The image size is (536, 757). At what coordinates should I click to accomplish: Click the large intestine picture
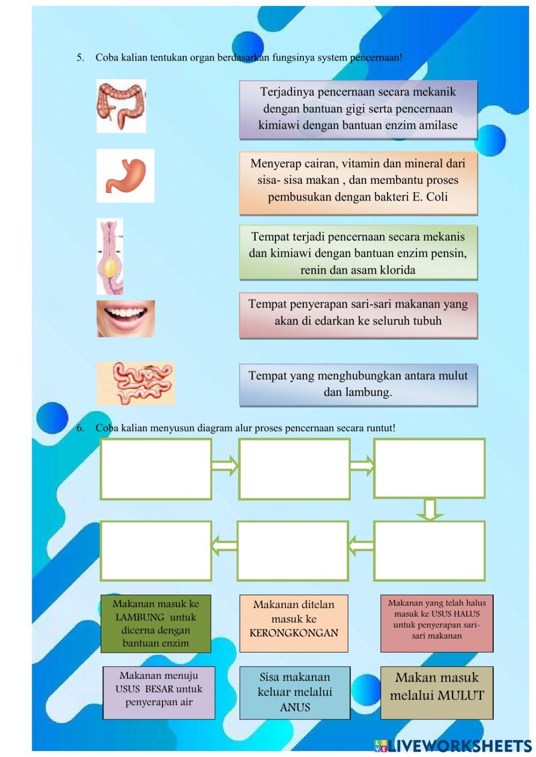(121, 106)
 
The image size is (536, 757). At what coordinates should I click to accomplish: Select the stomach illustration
(125, 176)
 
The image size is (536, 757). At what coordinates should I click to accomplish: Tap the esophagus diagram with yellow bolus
(110, 256)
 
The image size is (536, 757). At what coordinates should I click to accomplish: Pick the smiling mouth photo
(126, 318)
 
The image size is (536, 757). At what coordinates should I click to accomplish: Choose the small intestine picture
(136, 383)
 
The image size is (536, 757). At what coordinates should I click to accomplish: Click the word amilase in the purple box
(436, 125)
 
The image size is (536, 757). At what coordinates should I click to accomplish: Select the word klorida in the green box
(396, 270)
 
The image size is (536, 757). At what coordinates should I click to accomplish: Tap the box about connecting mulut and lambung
(358, 384)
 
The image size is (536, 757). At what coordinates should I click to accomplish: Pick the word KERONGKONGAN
(294, 633)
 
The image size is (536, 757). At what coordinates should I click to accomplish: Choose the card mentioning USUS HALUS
(436, 623)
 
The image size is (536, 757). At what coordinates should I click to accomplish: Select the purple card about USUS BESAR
(159, 692)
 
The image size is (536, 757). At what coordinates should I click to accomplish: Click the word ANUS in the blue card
(295, 707)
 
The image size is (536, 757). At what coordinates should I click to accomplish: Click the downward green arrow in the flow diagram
(429, 509)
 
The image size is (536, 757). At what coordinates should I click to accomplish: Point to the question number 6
(80, 428)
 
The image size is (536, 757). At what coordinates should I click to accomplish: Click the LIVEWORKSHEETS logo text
(459, 745)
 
